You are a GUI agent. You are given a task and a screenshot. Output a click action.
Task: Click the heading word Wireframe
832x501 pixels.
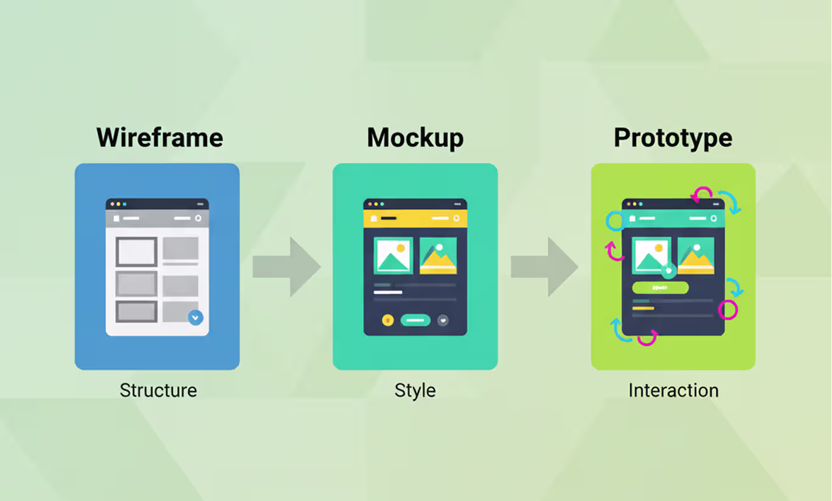click(160, 138)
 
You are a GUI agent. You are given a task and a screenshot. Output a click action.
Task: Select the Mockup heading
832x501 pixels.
click(415, 138)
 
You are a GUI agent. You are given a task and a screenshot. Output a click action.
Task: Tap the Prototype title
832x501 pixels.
click(672, 138)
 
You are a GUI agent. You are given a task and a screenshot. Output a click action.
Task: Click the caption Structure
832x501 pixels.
click(158, 390)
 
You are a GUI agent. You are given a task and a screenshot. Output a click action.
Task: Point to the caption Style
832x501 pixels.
click(415, 390)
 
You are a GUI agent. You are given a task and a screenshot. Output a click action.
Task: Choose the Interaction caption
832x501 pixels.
click(673, 390)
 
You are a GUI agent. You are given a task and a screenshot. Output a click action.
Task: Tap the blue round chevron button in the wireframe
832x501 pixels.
click(196, 318)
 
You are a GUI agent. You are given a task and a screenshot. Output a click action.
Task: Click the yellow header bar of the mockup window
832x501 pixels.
click(415, 218)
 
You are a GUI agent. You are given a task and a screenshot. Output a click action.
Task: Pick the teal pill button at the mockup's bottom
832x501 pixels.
click(415, 320)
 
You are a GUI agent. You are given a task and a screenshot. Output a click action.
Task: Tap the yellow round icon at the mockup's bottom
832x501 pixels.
click(388, 320)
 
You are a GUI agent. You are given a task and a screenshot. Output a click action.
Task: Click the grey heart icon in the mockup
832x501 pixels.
click(443, 320)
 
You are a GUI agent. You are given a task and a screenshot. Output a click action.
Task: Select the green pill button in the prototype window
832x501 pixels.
click(660, 288)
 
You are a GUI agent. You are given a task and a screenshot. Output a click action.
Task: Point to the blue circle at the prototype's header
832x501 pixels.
click(615, 221)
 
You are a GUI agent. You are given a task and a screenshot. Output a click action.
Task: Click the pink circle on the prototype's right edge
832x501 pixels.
click(727, 310)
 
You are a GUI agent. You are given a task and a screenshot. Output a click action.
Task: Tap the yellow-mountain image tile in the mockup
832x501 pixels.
click(438, 255)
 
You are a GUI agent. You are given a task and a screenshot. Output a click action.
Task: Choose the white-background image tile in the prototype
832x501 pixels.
click(652, 255)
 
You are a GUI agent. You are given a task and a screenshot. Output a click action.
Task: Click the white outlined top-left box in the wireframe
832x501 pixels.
click(136, 252)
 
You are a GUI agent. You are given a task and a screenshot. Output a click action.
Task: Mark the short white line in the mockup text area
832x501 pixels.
click(388, 293)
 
